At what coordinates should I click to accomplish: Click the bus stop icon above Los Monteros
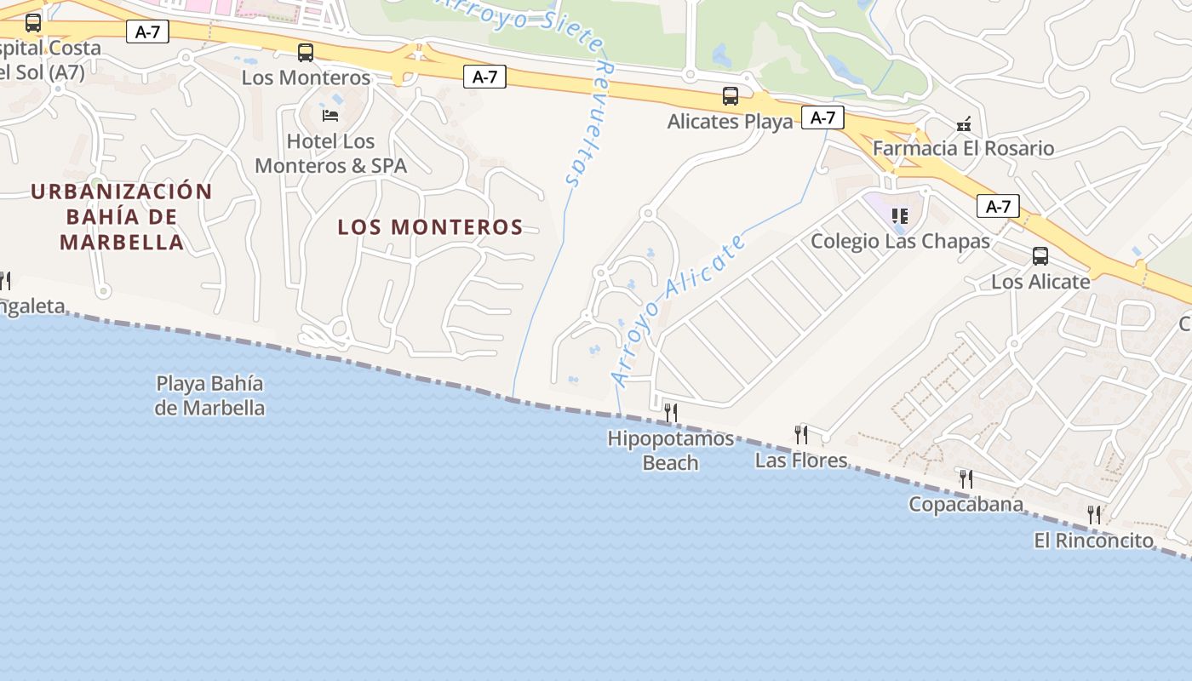[x=306, y=53]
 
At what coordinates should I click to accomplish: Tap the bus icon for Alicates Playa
[x=731, y=96]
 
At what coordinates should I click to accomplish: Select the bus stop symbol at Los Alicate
[x=1040, y=255]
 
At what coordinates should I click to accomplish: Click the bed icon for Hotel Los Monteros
[x=330, y=115]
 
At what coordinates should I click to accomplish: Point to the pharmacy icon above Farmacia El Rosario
[x=963, y=124]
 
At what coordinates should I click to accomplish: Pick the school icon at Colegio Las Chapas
[x=900, y=216]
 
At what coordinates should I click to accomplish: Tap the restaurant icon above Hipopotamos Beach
[x=671, y=413]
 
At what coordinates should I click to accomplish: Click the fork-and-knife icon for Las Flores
[x=801, y=435]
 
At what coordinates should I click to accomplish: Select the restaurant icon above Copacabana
[x=966, y=478]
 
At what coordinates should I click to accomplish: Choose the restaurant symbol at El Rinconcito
[x=1094, y=514]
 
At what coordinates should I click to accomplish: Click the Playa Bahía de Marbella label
[x=209, y=396]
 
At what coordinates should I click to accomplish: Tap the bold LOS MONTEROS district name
[x=430, y=227]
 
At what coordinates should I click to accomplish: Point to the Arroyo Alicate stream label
[x=678, y=310]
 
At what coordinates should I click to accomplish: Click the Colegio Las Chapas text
[x=900, y=241]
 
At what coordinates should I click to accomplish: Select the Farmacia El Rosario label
[x=963, y=148]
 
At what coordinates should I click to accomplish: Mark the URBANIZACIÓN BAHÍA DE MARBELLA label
[x=122, y=216]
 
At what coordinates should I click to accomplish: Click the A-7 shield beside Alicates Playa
[x=822, y=117]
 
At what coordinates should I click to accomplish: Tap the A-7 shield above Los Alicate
[x=998, y=206]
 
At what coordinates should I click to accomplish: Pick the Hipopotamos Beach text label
[x=671, y=450]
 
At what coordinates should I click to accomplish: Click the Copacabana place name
[x=966, y=504]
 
